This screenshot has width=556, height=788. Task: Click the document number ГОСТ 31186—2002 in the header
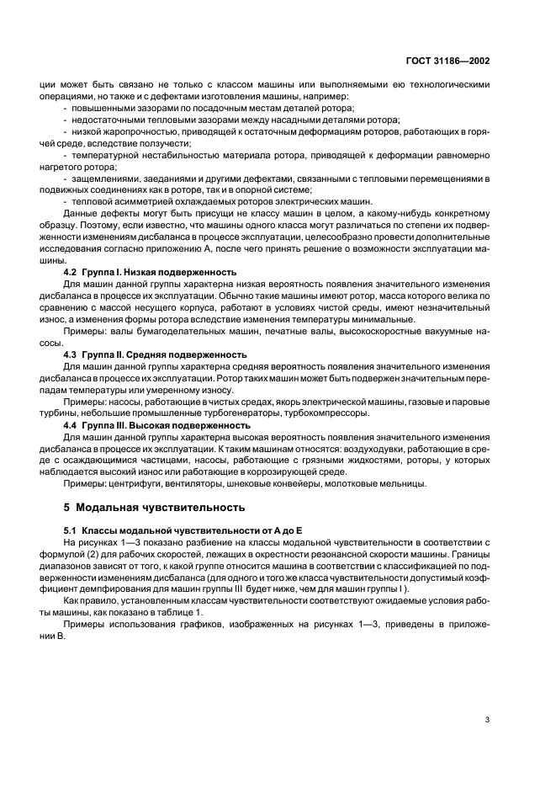point(448,61)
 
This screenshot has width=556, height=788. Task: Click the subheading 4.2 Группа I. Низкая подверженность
point(151,273)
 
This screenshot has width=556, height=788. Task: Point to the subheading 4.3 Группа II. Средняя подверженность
point(154,354)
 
